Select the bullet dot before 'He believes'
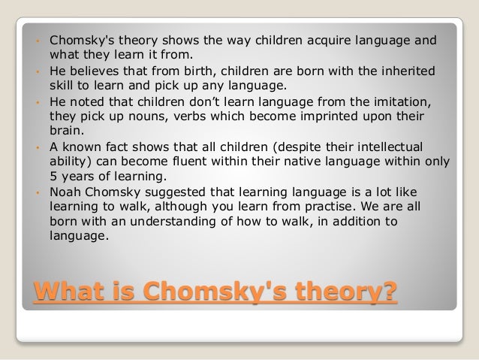coord(37,70)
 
